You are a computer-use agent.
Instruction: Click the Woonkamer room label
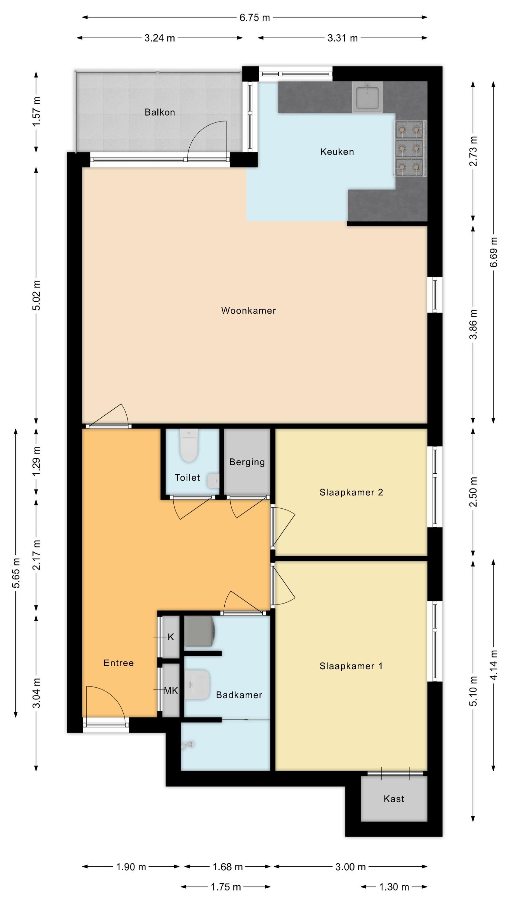coord(248,311)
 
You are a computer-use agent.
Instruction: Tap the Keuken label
coord(337,152)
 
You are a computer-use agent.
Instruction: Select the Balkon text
coord(160,112)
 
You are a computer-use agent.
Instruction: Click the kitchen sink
coord(367,98)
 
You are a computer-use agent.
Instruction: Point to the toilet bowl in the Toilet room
coord(189,445)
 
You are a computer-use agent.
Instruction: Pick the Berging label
coord(247,462)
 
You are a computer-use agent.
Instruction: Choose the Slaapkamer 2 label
coord(351,492)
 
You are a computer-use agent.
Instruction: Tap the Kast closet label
coord(394,799)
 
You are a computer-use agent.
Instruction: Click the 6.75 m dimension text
coord(255,17)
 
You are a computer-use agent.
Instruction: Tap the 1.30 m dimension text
coord(394,887)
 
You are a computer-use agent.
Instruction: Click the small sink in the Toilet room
coord(213,480)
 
